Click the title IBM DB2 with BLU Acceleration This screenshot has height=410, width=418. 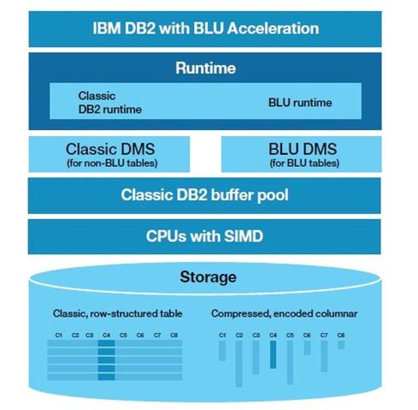tap(206, 28)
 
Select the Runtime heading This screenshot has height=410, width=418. tap(206, 68)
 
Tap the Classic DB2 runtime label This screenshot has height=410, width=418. tap(110, 103)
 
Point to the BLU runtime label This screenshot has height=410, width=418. tap(300, 103)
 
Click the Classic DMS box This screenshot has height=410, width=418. tap(109, 154)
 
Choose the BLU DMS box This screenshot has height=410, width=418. tap(302, 154)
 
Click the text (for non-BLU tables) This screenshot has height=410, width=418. tap(112, 163)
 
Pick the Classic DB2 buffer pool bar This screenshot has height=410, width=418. tap(204, 196)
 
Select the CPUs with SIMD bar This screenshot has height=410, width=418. tap(204, 237)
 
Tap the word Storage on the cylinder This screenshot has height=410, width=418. tap(208, 277)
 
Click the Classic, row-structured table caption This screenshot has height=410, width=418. tap(118, 314)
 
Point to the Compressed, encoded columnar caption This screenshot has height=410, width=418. tap(284, 314)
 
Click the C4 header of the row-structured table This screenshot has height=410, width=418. tap(106, 335)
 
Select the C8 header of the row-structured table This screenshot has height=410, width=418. tap(174, 335)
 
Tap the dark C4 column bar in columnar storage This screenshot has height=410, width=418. tap(273, 355)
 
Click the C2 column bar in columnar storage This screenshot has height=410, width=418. tap(239, 364)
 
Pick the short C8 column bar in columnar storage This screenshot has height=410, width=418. tap(341, 345)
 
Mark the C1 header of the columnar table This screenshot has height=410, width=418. tap(222, 335)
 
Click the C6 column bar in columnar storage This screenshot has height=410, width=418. tap(307, 348)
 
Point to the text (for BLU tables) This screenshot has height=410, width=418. tap(304, 163)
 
